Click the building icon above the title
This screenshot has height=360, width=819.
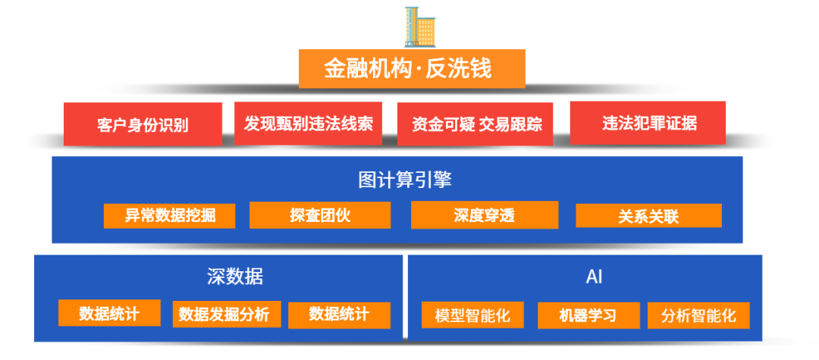[x=419, y=27]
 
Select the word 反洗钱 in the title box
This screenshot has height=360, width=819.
[x=459, y=68]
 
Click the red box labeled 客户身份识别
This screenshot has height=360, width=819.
[x=143, y=124]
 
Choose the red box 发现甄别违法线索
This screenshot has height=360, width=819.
[x=308, y=124]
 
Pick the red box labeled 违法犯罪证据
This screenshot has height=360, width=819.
[x=648, y=123]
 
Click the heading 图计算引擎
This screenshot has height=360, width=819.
[x=405, y=180]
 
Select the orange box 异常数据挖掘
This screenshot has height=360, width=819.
[x=169, y=215]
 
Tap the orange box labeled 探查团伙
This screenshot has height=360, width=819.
[x=320, y=215]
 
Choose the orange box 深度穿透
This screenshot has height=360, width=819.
[x=484, y=215]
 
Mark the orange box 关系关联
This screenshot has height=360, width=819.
[x=648, y=215]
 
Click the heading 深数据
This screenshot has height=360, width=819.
[x=235, y=277]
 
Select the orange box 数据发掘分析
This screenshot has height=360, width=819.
[x=227, y=314]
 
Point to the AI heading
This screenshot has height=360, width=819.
[x=594, y=277]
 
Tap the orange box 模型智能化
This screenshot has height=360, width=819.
[x=472, y=315]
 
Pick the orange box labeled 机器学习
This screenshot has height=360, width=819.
[x=588, y=315]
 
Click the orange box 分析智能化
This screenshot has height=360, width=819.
[x=698, y=315]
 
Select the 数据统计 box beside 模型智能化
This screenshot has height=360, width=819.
[x=339, y=315]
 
